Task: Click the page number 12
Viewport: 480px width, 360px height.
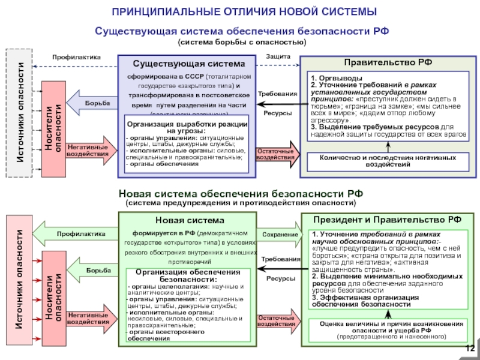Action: [470, 349]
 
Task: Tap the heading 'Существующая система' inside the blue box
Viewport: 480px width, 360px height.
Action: [189, 64]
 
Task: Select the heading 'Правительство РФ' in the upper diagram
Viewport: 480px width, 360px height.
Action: [388, 62]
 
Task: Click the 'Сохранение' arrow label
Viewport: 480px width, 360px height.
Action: [280, 234]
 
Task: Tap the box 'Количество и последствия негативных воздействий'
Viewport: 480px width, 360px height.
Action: [388, 161]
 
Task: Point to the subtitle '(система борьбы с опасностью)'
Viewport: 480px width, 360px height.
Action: [242, 42]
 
